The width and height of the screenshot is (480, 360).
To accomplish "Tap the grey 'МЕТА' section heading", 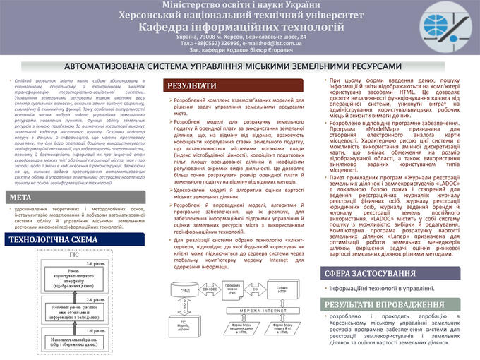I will [21, 197].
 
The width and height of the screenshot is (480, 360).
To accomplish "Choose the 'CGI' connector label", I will [258, 288].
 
